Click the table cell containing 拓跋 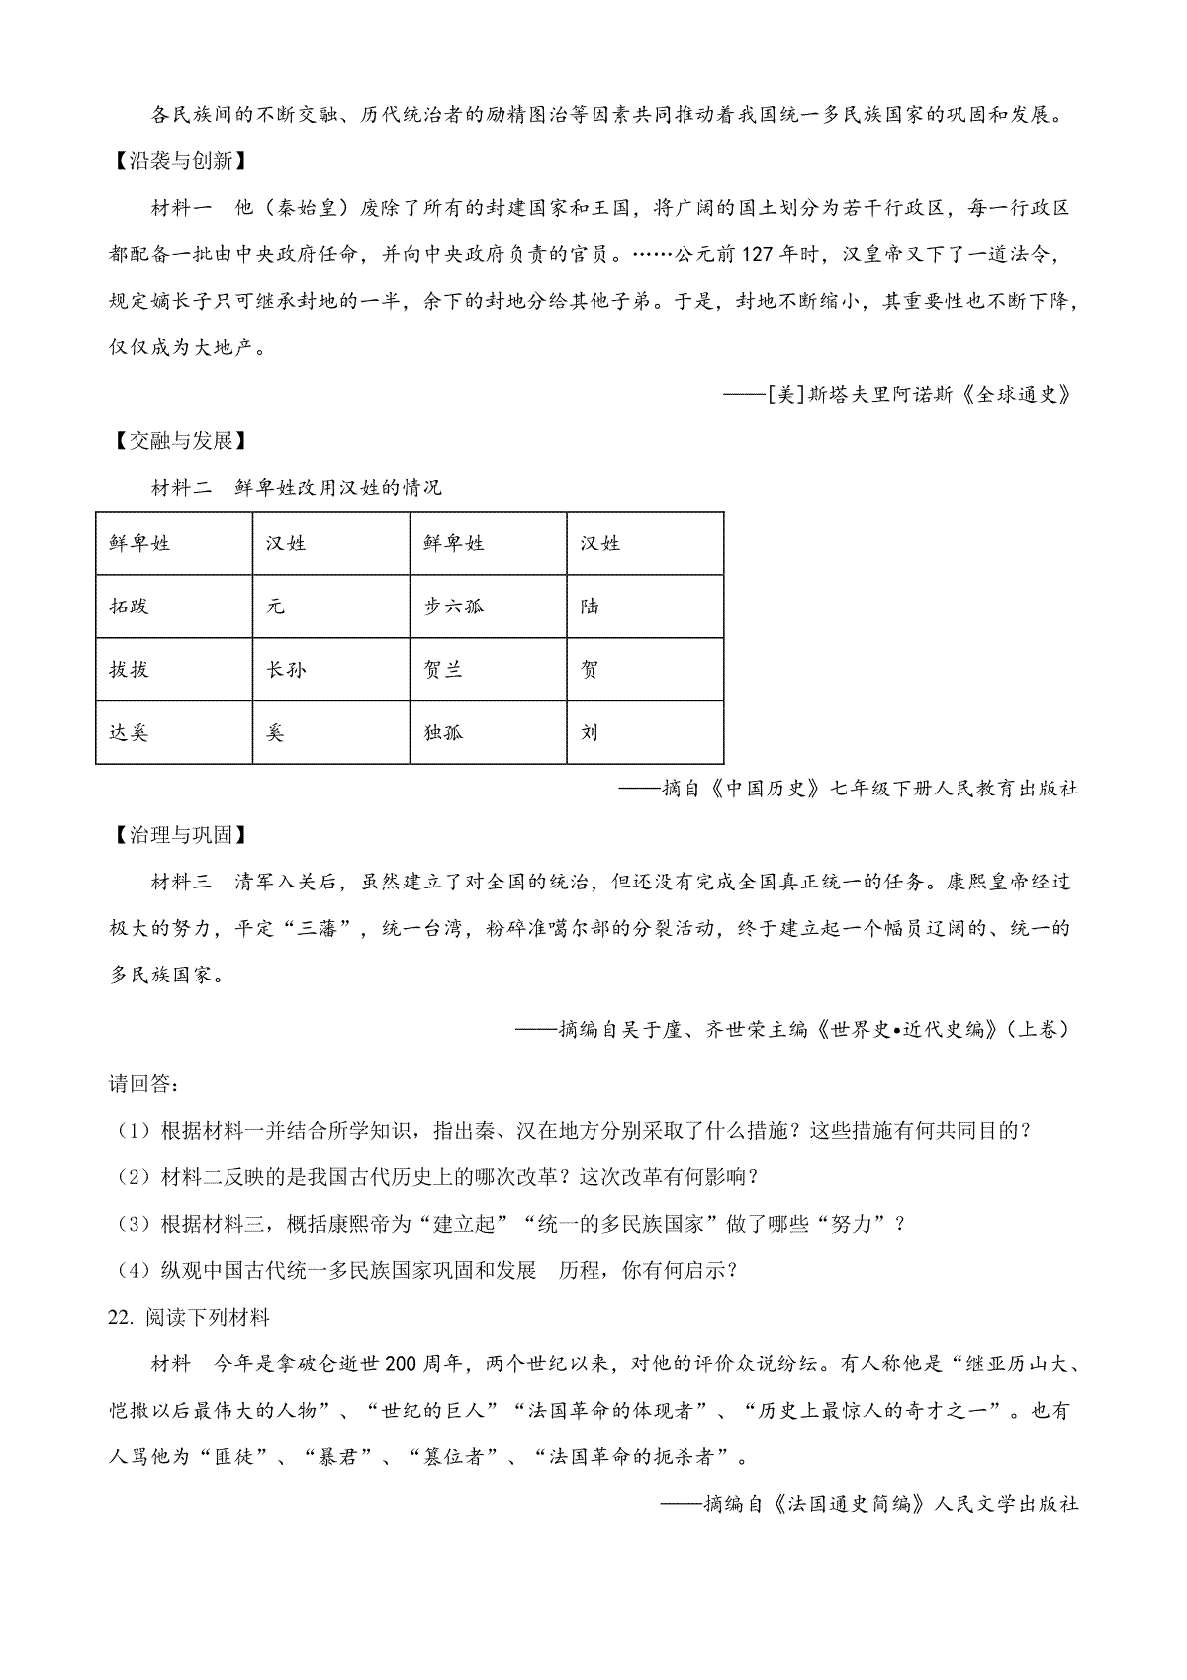click(x=174, y=607)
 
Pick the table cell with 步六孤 click(x=489, y=607)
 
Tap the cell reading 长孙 click(x=331, y=670)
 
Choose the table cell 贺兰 click(x=489, y=670)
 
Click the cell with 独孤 click(x=489, y=733)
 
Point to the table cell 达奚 click(x=174, y=733)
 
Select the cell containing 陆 click(x=645, y=607)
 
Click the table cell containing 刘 click(x=645, y=733)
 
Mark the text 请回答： click(x=144, y=1083)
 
